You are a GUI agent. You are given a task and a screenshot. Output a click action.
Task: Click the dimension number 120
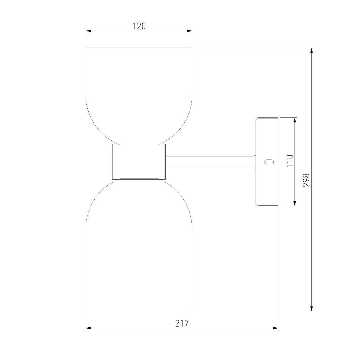139,26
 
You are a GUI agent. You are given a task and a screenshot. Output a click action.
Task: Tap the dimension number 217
182,323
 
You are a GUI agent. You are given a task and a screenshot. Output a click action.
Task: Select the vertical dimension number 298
306,180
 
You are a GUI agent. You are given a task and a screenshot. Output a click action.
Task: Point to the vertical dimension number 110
290,161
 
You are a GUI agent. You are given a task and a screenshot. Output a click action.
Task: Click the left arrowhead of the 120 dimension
88,31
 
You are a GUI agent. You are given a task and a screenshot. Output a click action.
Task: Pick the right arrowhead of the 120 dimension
189,31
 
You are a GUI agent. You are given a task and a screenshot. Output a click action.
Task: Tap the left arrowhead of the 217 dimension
88,328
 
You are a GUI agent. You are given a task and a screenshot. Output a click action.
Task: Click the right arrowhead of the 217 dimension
276,328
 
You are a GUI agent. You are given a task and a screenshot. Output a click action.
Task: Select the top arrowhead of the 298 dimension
312,51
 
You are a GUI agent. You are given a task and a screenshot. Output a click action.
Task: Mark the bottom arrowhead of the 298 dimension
312,308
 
